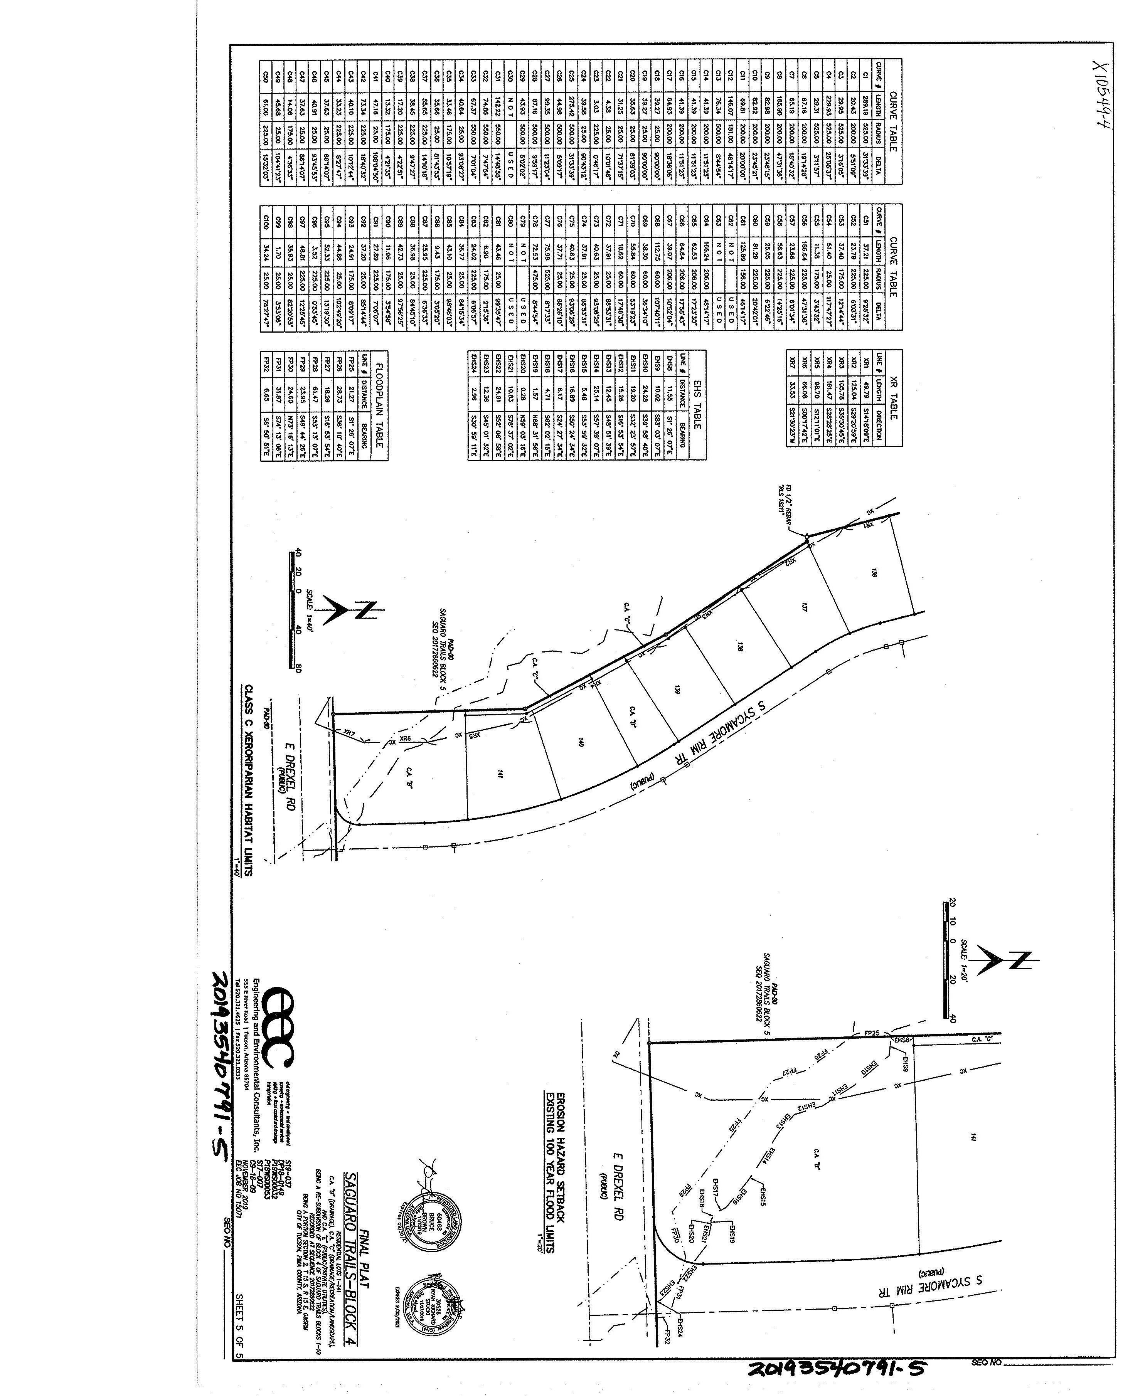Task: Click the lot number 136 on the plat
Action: (874, 572)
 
